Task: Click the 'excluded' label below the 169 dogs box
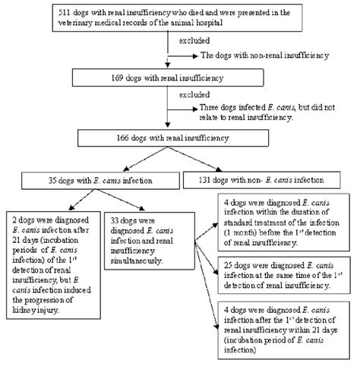click(x=186, y=104)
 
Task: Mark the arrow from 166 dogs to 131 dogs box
click(x=216, y=159)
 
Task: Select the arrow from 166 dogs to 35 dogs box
click(x=133, y=159)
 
